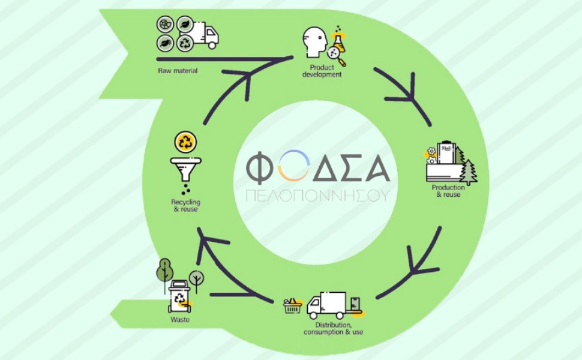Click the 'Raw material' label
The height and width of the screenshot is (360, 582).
point(178,71)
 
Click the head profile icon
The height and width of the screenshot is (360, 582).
point(314,42)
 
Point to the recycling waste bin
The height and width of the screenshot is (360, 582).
point(179,297)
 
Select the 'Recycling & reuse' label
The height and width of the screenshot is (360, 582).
point(185,206)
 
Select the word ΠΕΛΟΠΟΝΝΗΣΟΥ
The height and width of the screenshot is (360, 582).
point(318,196)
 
